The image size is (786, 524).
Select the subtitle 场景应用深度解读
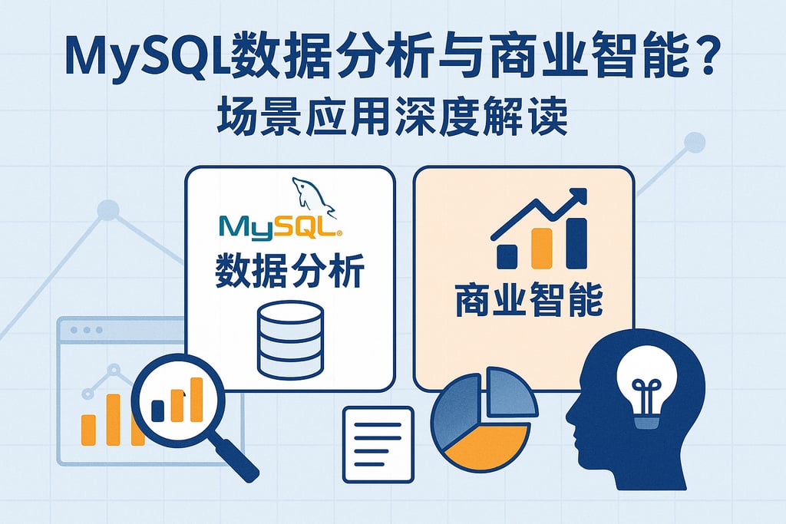(x=393, y=120)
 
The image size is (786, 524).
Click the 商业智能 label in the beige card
(x=528, y=304)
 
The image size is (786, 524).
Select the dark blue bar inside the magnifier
(x=158, y=410)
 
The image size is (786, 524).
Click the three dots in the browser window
(x=85, y=330)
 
